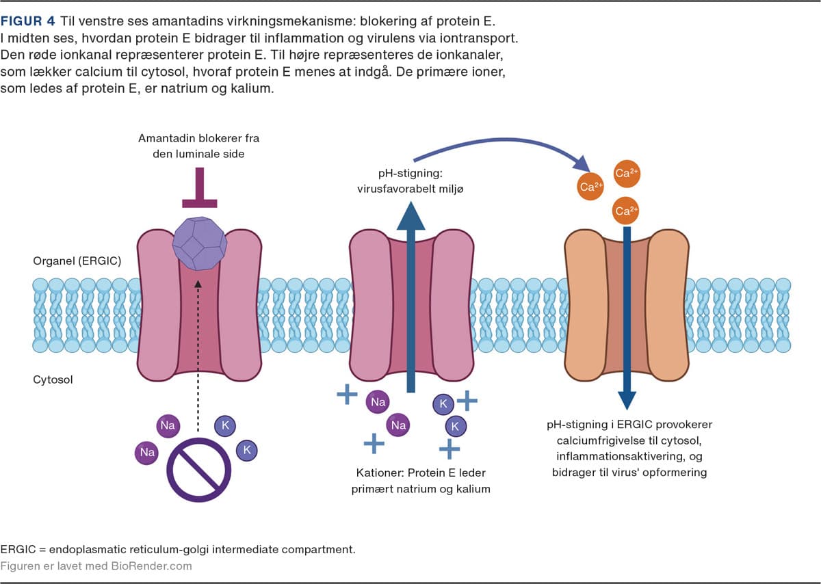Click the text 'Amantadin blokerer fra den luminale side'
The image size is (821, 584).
point(199,146)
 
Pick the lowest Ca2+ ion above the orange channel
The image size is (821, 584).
point(623,211)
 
